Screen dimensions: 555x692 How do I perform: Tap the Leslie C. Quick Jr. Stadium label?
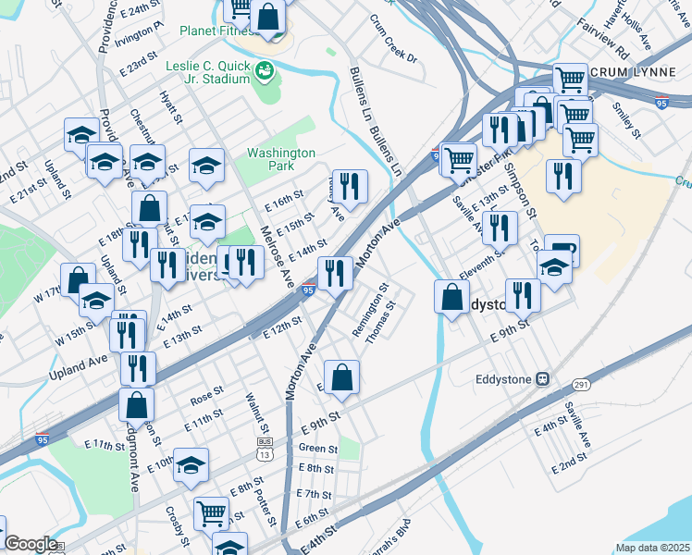tap(208, 72)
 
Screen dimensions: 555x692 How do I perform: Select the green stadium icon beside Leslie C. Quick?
tap(266, 69)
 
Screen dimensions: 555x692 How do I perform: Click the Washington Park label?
tap(281, 159)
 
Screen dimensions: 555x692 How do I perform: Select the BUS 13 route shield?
tap(266, 450)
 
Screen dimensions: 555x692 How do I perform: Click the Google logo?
tap(31, 544)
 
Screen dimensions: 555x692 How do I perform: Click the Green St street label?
tap(317, 450)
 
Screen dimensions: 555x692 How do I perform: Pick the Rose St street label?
tap(201, 399)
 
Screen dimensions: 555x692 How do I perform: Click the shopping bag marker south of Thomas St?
tap(341, 376)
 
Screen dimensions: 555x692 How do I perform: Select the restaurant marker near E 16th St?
tap(350, 186)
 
